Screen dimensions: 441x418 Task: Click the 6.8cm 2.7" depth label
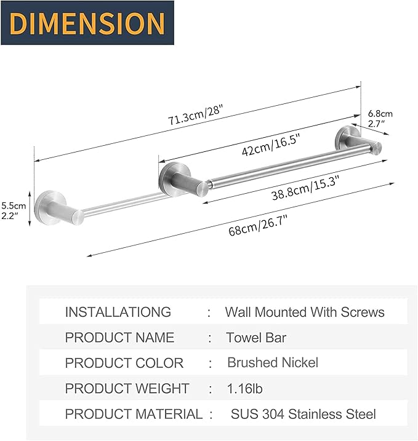[380, 119]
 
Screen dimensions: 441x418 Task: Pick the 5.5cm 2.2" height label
[14, 210]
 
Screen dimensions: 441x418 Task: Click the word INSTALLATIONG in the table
[118, 312]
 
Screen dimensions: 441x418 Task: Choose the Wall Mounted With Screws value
[304, 312]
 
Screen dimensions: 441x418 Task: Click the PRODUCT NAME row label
[119, 338]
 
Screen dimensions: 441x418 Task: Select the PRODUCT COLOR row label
[124, 363]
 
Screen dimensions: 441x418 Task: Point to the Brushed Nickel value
[273, 362]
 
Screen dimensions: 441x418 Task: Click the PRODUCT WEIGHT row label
[127, 389]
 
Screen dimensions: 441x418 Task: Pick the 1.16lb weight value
[245, 389]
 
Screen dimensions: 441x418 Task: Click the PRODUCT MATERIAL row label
[134, 415]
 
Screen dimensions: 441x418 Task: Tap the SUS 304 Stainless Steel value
[303, 415]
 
